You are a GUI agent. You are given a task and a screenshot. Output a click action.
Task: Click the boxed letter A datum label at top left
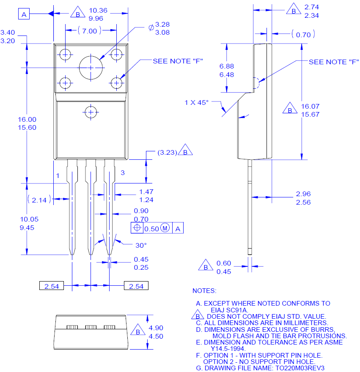(x=24, y=15)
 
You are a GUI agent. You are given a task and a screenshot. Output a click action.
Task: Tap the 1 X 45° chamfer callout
(x=197, y=102)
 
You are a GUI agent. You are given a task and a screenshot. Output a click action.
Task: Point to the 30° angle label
(x=141, y=245)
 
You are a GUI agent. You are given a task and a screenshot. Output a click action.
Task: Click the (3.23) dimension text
(x=167, y=152)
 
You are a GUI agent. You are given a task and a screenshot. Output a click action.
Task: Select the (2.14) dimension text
(x=39, y=200)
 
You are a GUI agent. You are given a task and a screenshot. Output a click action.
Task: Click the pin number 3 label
(x=123, y=172)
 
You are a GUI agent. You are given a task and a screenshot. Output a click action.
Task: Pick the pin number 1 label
(x=58, y=175)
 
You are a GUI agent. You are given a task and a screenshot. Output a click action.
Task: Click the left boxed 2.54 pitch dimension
(x=52, y=286)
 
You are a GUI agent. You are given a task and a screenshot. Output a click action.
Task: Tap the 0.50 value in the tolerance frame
(x=151, y=229)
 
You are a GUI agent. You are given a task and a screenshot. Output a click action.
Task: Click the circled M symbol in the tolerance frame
(x=165, y=228)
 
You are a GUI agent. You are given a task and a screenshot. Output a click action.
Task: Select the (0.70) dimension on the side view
(x=303, y=35)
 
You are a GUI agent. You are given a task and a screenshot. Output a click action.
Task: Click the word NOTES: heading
(x=204, y=291)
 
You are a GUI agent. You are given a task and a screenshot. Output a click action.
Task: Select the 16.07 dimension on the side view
(x=310, y=106)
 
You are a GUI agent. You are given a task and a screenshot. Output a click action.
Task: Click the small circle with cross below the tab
(x=91, y=112)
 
